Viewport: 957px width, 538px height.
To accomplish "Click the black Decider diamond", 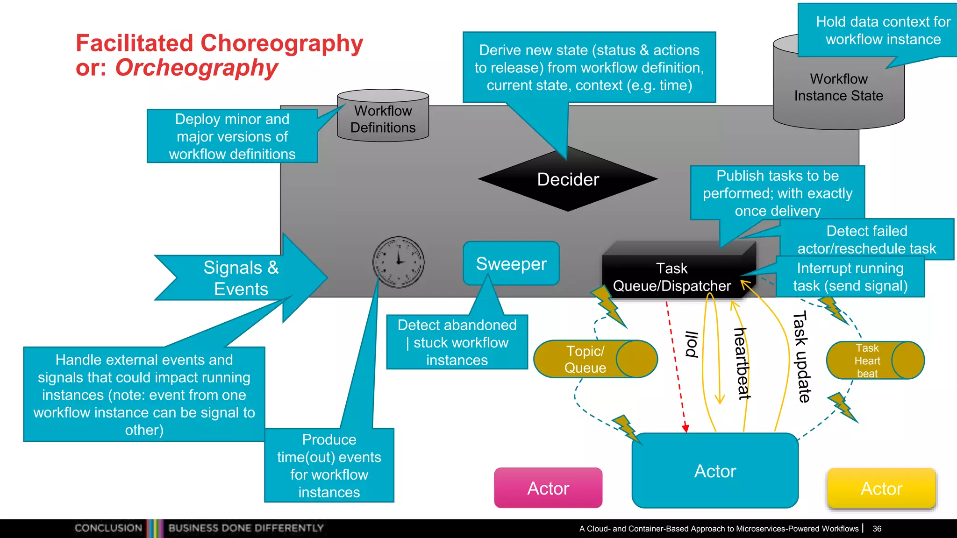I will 568,180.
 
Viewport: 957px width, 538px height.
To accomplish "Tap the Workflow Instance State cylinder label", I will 838,87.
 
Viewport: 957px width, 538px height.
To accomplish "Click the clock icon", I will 398,262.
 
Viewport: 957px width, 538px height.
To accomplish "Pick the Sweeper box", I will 511,264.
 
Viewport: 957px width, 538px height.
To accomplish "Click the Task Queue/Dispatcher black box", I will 671,277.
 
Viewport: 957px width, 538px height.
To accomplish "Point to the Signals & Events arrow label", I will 241,278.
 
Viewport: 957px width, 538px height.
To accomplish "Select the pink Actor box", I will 548,488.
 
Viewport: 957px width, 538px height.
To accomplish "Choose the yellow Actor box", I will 881,488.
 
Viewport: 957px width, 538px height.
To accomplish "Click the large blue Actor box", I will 715,471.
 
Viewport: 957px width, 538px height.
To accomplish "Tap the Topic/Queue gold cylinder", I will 595,359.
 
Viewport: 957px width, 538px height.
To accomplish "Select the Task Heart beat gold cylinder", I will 875,361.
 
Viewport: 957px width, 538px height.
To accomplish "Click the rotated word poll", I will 692,344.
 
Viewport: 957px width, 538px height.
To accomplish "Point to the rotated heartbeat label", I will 742,363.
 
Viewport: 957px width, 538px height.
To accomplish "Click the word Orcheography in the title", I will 196,68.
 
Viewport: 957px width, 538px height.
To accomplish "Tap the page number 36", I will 877,529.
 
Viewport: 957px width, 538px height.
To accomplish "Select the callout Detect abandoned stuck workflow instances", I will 457,342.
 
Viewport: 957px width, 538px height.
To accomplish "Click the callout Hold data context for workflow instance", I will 883,30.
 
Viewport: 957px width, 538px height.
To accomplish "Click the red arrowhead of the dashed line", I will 686,428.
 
